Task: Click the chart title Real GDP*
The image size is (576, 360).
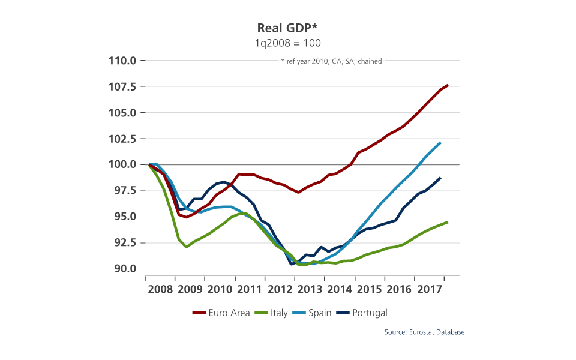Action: [x=287, y=28]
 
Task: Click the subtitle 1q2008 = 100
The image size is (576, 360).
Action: [x=288, y=43]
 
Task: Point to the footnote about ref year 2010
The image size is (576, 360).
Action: [x=331, y=61]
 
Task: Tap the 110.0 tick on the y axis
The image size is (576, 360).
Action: [x=123, y=61]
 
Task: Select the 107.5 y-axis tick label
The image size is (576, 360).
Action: [x=123, y=86]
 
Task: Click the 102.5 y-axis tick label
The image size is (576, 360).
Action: [x=123, y=139]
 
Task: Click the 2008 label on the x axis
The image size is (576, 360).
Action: [x=160, y=289]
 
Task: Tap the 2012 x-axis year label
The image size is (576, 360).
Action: [x=280, y=289]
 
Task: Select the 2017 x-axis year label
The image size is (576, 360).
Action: [x=430, y=289]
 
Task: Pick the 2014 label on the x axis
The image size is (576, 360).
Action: [x=340, y=289]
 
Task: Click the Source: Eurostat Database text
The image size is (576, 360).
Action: [x=425, y=332]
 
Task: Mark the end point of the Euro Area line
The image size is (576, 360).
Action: [x=448, y=85]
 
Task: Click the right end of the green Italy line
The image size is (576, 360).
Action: [x=448, y=222]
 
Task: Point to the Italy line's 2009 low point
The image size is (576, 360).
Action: [x=187, y=247]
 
